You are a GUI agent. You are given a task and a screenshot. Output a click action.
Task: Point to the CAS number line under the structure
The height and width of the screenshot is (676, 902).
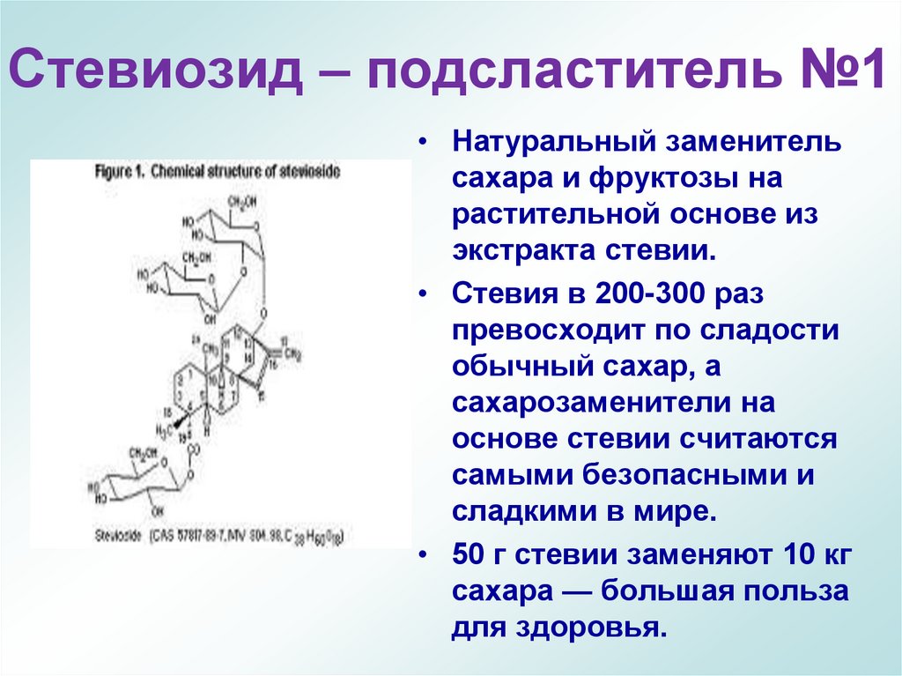point(217,535)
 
